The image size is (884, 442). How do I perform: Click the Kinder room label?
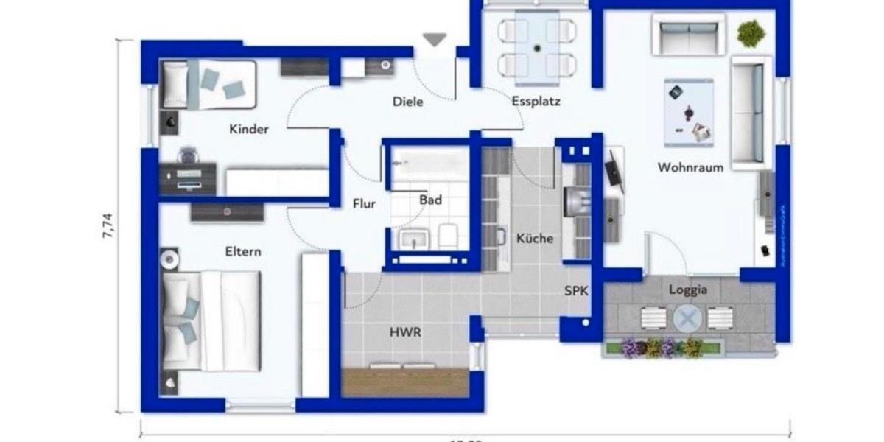click(249, 130)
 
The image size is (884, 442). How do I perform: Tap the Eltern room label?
click(243, 252)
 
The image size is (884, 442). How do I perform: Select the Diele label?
click(408, 102)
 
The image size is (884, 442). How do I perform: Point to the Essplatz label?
click(536, 102)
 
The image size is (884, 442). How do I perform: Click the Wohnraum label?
click(690, 167)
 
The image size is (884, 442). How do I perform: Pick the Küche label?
click(535, 239)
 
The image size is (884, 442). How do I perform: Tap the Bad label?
click(430, 200)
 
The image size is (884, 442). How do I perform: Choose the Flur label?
click(364, 204)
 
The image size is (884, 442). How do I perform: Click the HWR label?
click(405, 332)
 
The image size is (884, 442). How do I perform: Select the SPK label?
click(576, 290)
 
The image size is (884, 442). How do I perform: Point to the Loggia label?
click(688, 290)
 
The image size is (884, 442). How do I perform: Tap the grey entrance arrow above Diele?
click(435, 40)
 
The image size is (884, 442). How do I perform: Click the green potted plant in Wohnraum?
click(750, 33)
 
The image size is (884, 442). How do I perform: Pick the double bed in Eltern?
click(211, 320)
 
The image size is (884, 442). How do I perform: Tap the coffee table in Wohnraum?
click(689, 112)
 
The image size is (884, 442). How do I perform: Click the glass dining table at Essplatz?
click(537, 43)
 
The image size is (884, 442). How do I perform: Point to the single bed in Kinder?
click(209, 83)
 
